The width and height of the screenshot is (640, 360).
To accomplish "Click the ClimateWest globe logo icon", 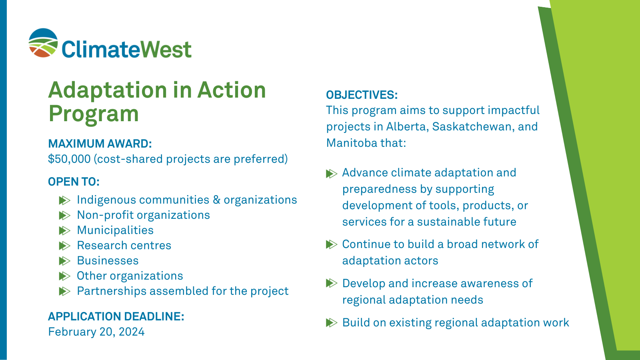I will (x=43, y=43).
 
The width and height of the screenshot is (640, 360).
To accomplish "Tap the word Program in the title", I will (x=94, y=114).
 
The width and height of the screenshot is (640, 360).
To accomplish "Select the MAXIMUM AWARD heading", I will (x=100, y=144).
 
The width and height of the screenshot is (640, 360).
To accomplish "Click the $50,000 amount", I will (x=69, y=159).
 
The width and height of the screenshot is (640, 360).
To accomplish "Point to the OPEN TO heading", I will (x=74, y=182).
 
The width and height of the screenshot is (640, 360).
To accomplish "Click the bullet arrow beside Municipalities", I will (x=64, y=231).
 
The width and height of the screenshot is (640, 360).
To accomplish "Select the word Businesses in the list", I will (x=108, y=261).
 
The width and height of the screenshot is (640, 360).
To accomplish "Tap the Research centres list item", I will (x=124, y=246).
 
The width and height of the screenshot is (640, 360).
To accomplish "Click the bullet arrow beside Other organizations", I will (x=64, y=276).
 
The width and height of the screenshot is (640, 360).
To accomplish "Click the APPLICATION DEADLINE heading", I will (x=116, y=316).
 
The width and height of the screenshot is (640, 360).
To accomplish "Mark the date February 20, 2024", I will (x=96, y=332).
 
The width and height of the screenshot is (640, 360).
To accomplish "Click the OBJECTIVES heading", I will (x=362, y=95).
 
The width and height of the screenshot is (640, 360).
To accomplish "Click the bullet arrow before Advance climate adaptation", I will (x=331, y=174).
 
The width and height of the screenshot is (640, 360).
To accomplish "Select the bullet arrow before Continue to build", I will (x=331, y=244).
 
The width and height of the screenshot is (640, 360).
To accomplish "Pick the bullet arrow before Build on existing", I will (x=331, y=323).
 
